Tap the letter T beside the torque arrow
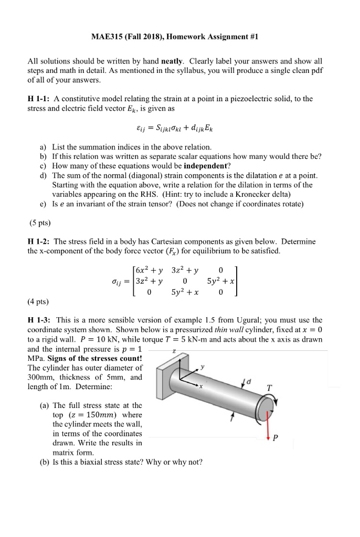pyautogui.click(x=269, y=388)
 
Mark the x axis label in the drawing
pyautogui.click(x=201, y=388)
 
